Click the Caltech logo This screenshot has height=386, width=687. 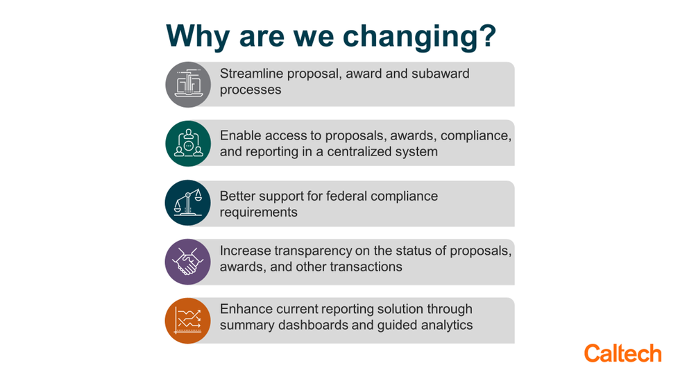tap(622, 353)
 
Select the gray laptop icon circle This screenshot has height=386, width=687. tap(188, 85)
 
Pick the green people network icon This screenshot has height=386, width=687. tap(188, 144)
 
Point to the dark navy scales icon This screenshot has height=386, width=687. tap(188, 203)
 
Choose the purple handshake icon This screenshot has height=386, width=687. tap(188, 262)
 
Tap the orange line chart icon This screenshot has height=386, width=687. tap(188, 321)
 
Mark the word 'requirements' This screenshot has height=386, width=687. tap(259, 212)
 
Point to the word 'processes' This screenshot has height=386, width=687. tap(251, 90)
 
